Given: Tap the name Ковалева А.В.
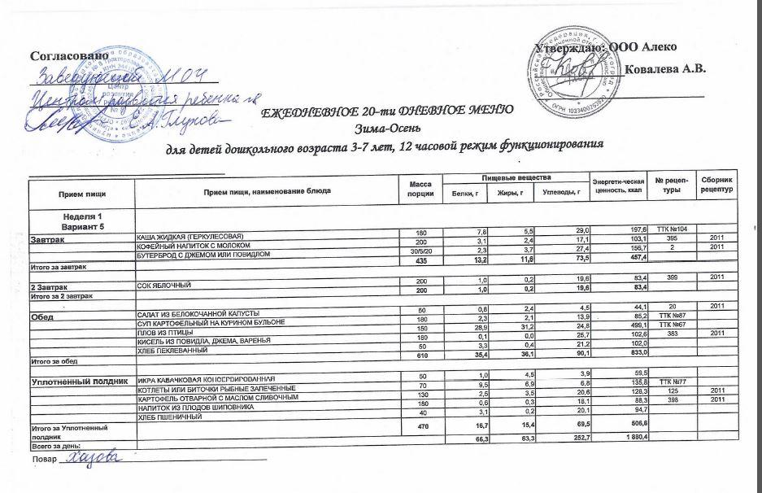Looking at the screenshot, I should pyautogui.click(x=664, y=68).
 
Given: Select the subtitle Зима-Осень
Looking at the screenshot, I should pyautogui.click(x=383, y=128).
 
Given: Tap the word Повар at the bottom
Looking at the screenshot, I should pyautogui.click(x=45, y=461).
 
